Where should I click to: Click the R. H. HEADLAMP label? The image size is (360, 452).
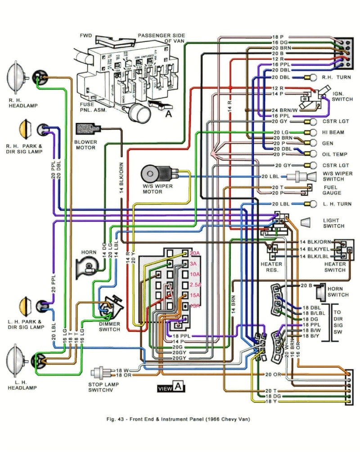22,103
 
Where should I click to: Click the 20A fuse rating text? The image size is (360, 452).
194,253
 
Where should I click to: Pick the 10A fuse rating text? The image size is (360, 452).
194,274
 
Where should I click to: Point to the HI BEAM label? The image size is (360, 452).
333,132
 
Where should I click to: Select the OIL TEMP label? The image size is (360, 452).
335,154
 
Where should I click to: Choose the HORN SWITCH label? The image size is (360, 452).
338,291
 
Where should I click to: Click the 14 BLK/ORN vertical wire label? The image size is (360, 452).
121,177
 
